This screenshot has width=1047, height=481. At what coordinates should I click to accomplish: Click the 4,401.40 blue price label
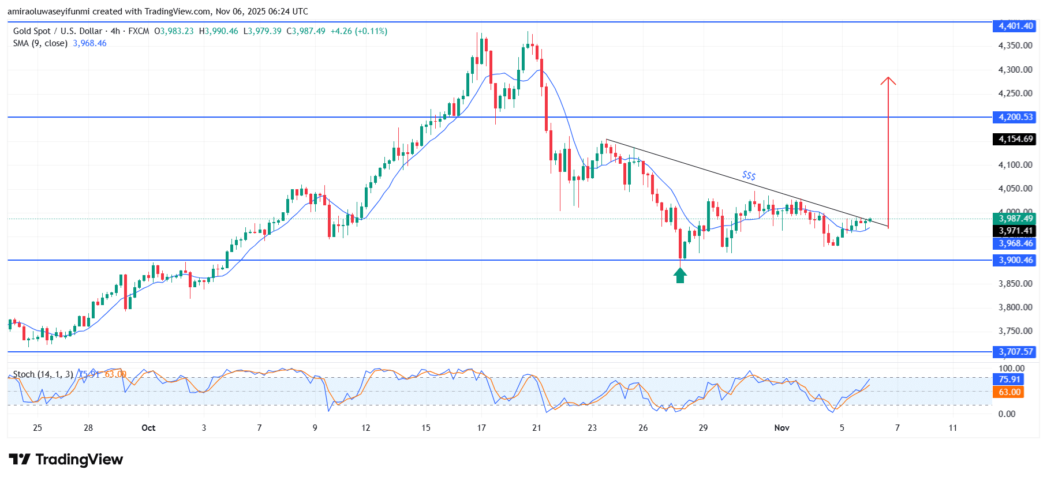point(1016,26)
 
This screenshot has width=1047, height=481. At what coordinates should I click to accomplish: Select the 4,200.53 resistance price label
point(1016,117)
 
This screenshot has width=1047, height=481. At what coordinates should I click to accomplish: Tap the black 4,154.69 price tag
point(1016,139)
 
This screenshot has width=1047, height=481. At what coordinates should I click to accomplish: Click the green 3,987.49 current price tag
point(1016,219)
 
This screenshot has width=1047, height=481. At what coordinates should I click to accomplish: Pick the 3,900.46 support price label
point(1016,260)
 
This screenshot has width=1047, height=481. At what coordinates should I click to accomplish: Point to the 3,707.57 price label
point(1016,352)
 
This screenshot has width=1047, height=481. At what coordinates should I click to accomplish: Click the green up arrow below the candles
point(680,276)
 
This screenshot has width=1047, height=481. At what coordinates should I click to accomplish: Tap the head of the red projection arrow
point(888,80)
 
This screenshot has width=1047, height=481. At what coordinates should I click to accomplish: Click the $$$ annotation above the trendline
point(749,175)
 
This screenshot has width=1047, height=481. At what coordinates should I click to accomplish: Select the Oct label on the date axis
point(148,428)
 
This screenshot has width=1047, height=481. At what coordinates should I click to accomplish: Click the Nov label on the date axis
point(781,428)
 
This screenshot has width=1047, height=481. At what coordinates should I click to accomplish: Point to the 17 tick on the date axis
point(481,428)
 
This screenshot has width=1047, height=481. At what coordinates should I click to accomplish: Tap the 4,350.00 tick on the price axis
point(1015,46)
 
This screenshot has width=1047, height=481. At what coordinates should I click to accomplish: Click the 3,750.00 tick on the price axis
point(1015,331)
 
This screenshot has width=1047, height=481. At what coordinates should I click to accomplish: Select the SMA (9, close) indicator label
point(40,43)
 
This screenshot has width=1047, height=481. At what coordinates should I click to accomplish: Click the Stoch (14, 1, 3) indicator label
point(43,374)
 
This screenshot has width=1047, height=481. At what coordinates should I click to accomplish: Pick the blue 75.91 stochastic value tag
point(1009,379)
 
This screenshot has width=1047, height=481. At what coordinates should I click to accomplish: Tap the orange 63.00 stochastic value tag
point(1009,392)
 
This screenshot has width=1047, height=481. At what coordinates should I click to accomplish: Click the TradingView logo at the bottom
point(66,460)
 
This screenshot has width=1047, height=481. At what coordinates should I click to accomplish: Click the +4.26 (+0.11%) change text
point(358,31)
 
